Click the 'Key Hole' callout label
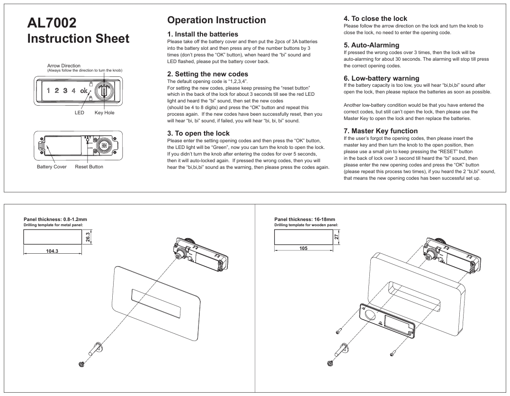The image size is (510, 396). point(104,112)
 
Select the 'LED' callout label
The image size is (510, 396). point(79,112)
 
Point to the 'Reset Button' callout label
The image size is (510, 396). point(89,167)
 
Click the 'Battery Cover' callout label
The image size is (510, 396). point(52,167)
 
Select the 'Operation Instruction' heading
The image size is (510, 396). point(216,20)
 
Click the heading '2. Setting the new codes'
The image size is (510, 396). point(207,74)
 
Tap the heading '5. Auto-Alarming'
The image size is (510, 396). point(371,45)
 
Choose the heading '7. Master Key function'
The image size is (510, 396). point(381,130)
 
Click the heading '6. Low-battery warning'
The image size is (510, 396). point(381,78)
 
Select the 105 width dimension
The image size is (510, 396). point(303,248)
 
